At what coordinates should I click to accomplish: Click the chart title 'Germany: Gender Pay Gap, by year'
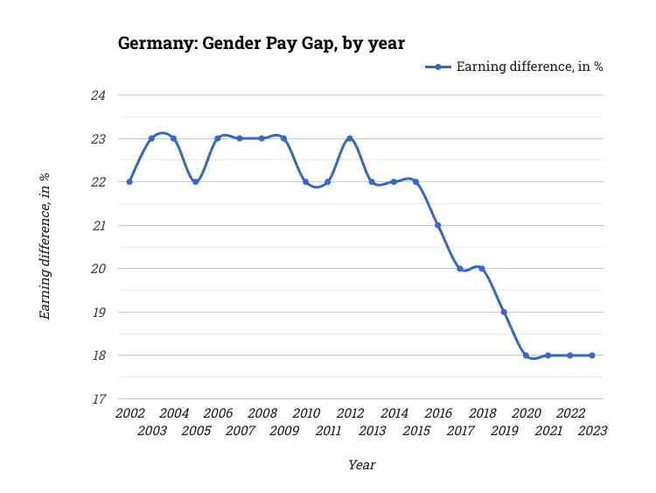[262, 43]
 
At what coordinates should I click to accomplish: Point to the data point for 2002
[129, 182]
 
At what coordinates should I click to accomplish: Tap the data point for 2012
[350, 138]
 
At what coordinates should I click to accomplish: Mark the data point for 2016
[438, 225]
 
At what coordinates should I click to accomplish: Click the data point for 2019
[504, 312]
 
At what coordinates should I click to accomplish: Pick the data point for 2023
[592, 356]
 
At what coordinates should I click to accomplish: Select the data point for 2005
[195, 182]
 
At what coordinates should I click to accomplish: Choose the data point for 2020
[526, 356]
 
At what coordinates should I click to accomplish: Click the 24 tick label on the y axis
[98, 95]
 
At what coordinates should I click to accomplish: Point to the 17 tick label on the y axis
[98, 399]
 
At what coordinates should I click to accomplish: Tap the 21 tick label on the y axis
[98, 226]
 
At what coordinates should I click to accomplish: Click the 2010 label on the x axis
[306, 413]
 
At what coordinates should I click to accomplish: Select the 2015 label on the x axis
[416, 431]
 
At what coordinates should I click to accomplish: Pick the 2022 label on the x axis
[570, 413]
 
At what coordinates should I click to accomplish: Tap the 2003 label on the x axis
[151, 431]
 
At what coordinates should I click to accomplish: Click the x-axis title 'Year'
[361, 465]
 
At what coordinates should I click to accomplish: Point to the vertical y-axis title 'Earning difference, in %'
[45, 246]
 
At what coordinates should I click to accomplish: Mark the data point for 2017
[460, 269]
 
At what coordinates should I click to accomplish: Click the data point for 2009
[283, 138]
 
